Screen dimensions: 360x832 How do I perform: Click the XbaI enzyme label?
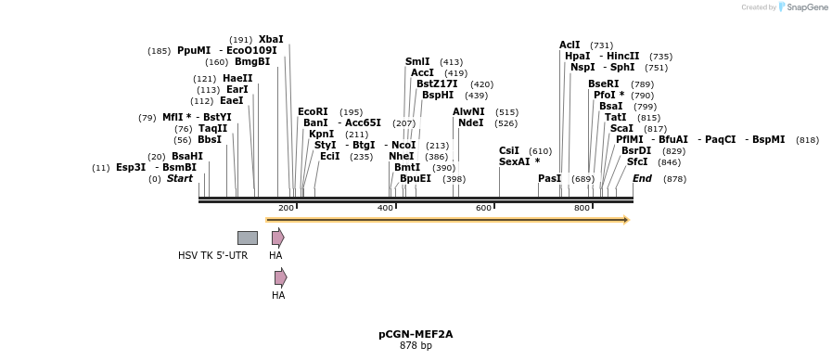click(x=271, y=39)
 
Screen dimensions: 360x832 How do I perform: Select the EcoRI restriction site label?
click(x=313, y=111)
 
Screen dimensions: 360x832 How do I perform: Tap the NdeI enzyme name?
click(x=470, y=122)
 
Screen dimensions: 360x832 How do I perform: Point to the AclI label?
click(x=570, y=45)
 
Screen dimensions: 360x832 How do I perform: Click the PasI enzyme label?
click(x=549, y=178)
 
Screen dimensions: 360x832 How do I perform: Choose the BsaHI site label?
click(x=186, y=156)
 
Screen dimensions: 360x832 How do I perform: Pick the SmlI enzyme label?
click(x=417, y=61)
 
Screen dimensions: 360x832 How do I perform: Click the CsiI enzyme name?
click(x=509, y=150)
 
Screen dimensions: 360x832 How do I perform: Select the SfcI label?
click(x=637, y=161)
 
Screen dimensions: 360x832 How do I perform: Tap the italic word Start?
click(x=179, y=178)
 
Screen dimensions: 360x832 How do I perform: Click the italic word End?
click(x=642, y=178)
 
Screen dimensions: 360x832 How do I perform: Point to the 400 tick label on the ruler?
click(x=385, y=208)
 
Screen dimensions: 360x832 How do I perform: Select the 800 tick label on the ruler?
click(x=582, y=208)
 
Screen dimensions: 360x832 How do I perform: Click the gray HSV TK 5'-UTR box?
click(x=247, y=238)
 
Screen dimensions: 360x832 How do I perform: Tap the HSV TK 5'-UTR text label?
click(x=212, y=255)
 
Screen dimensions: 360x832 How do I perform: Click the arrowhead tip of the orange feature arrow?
click(x=627, y=220)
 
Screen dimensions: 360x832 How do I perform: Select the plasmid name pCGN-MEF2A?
click(x=416, y=334)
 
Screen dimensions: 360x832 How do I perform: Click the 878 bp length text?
click(x=416, y=345)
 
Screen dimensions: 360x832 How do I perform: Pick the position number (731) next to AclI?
click(x=601, y=45)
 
